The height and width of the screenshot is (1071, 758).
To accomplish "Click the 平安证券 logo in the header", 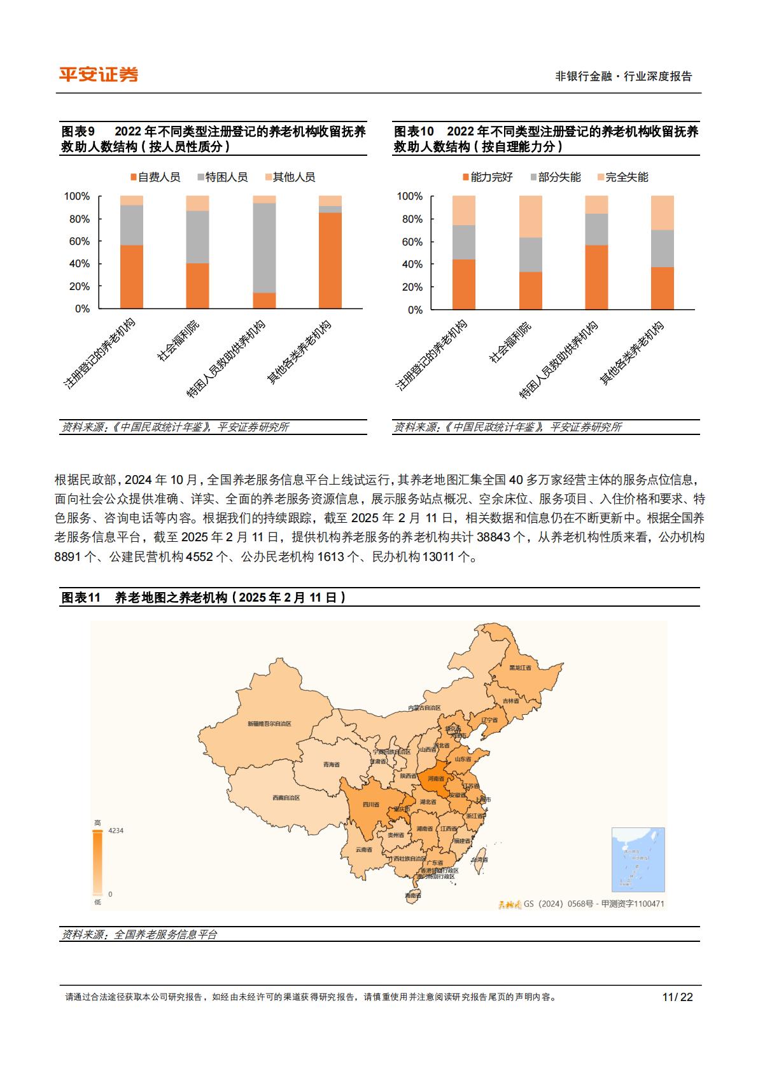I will click(99, 74).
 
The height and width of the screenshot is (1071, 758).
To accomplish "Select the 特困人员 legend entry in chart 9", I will click(222, 177).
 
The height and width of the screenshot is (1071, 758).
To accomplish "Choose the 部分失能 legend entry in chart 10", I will click(555, 177).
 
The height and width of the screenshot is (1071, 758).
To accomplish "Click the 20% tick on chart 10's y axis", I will click(412, 287).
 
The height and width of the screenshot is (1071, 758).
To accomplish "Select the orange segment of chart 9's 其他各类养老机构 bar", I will click(330, 261).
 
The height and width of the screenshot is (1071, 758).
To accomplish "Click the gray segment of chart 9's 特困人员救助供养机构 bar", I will click(264, 248).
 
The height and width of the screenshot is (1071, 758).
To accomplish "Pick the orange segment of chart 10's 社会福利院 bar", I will click(530, 291).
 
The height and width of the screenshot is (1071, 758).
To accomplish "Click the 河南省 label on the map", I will click(436, 778).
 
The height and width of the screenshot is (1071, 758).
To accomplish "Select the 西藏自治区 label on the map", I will click(286, 798).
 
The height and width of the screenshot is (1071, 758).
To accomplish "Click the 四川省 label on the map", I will click(371, 805).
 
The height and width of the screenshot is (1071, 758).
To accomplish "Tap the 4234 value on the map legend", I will click(116, 831).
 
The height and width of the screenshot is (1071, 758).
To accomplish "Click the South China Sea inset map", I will click(638, 860).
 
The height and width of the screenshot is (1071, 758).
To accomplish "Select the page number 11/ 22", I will click(677, 997).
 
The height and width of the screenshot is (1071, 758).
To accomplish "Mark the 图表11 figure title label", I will click(81, 597).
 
